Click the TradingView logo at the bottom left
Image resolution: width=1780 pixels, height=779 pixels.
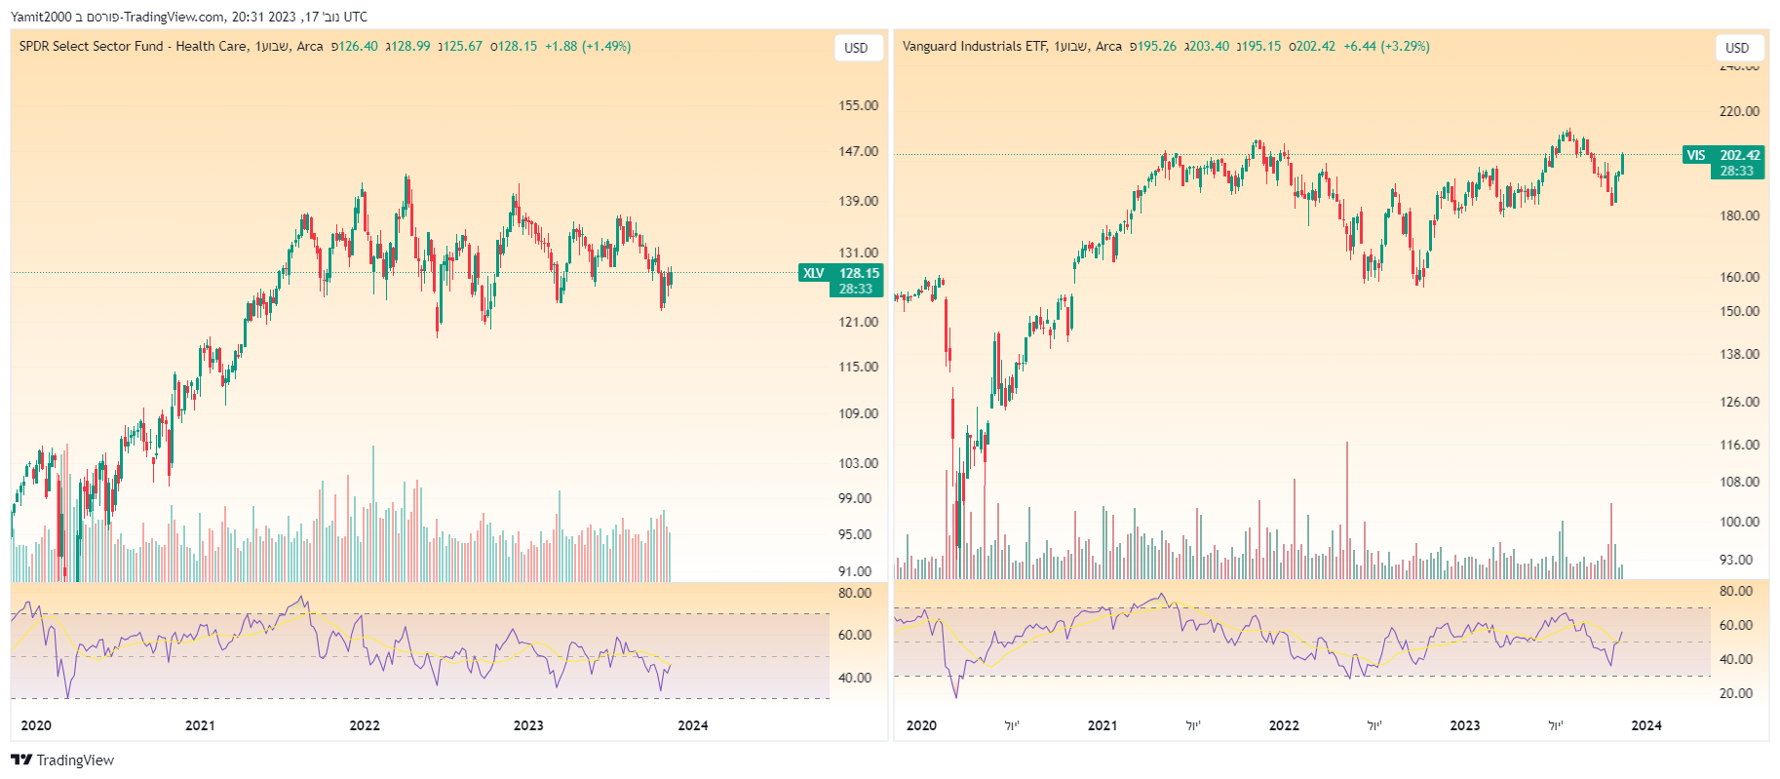(x=62, y=760)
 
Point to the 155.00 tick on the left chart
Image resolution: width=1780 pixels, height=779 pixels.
(x=858, y=105)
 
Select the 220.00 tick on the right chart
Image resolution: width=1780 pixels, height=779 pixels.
(x=1739, y=111)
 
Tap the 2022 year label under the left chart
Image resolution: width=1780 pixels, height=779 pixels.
(x=365, y=725)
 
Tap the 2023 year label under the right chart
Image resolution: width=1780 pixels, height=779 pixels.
(x=1464, y=725)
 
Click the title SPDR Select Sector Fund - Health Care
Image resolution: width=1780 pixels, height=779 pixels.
(x=133, y=46)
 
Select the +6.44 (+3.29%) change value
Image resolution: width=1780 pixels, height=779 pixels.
(x=1386, y=46)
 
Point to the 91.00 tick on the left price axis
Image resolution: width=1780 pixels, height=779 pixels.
(x=855, y=571)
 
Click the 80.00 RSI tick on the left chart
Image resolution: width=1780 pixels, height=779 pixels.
(x=855, y=593)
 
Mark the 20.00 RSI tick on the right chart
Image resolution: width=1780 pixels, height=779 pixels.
(x=1736, y=693)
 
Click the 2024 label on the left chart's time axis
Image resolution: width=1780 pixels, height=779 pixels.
(x=693, y=725)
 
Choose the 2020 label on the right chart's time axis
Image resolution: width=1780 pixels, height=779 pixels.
(x=921, y=725)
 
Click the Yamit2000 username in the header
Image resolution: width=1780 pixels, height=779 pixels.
(x=40, y=17)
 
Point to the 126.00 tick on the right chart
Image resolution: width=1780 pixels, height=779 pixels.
(x=1739, y=402)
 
